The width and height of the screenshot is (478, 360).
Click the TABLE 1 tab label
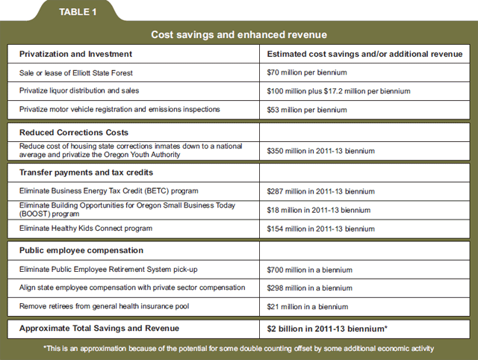(78, 12)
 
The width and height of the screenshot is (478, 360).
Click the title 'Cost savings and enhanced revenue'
(239, 35)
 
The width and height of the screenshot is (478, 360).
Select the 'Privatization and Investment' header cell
(75, 54)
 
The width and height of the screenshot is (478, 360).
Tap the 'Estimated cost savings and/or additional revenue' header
(364, 54)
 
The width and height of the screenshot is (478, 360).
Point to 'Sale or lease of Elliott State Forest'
(76, 73)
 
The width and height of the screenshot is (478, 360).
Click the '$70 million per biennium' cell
(307, 72)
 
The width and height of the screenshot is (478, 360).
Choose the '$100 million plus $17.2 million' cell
(338, 91)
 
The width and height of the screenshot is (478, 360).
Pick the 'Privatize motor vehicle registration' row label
(119, 109)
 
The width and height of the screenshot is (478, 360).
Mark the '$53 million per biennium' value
(307, 110)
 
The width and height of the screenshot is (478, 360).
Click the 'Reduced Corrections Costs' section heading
(74, 132)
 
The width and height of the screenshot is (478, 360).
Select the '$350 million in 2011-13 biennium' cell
(320, 151)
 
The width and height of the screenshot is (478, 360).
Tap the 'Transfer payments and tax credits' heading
(87, 173)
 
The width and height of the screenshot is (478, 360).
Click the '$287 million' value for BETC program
(320, 191)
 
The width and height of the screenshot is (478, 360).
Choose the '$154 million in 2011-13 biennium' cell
(320, 229)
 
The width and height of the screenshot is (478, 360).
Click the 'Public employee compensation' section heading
(81, 250)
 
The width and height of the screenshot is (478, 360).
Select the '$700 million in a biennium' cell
(310, 270)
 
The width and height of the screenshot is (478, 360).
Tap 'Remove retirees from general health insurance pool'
(105, 306)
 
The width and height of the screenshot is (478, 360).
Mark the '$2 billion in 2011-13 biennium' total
(327, 329)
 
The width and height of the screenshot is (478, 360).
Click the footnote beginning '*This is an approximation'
(239, 348)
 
